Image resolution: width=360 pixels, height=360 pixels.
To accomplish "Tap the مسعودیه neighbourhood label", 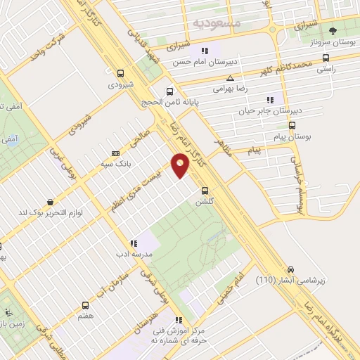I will click(x=217, y=23).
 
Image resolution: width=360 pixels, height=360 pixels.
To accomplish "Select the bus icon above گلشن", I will click(x=205, y=190).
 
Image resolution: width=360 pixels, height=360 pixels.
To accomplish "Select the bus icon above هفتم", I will click(x=85, y=305).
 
